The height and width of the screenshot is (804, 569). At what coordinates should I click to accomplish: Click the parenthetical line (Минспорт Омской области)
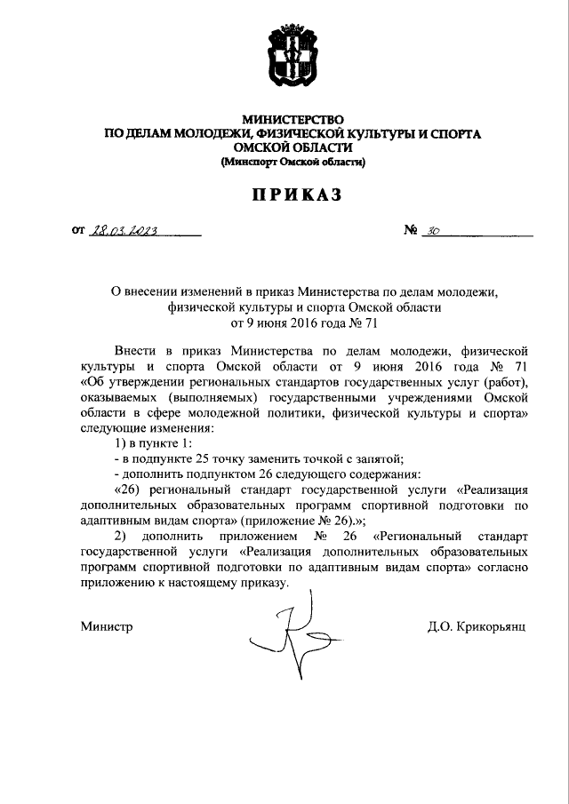(x=293, y=163)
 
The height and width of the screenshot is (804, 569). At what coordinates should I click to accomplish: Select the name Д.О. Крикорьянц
(x=477, y=626)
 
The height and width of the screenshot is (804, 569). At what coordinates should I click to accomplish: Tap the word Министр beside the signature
(x=106, y=626)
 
